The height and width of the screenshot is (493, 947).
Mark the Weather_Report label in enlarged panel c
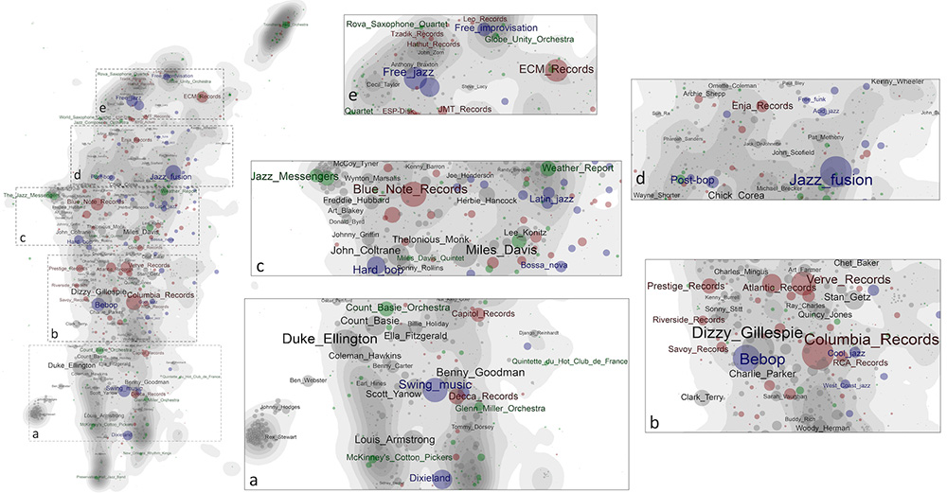pos(578,167)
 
